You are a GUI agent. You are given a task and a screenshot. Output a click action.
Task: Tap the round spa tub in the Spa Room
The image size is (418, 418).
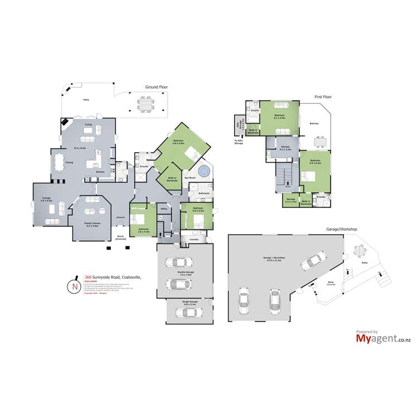pyautogui.click(x=203, y=171)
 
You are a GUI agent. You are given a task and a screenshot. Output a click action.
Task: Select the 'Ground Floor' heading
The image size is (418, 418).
pyautogui.click(x=156, y=88)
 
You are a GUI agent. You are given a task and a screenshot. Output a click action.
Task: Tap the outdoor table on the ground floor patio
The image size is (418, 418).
pyautogui.click(x=145, y=104)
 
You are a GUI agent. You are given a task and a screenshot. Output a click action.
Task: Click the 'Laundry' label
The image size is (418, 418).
pyautogui.click(x=194, y=239)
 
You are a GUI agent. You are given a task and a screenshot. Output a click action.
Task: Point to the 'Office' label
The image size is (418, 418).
pyautogui.click(x=164, y=209)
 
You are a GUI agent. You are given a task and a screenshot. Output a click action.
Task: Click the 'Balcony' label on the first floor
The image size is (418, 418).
pyautogui.click(x=314, y=124)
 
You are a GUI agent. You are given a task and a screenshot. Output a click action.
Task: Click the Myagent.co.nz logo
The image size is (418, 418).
pyautogui.click(x=376, y=337)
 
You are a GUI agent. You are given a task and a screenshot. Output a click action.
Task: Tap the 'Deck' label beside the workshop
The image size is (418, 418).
pyautogui.click(x=330, y=282)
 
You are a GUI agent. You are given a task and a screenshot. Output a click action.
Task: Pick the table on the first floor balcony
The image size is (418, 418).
pyautogui.click(x=319, y=143)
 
